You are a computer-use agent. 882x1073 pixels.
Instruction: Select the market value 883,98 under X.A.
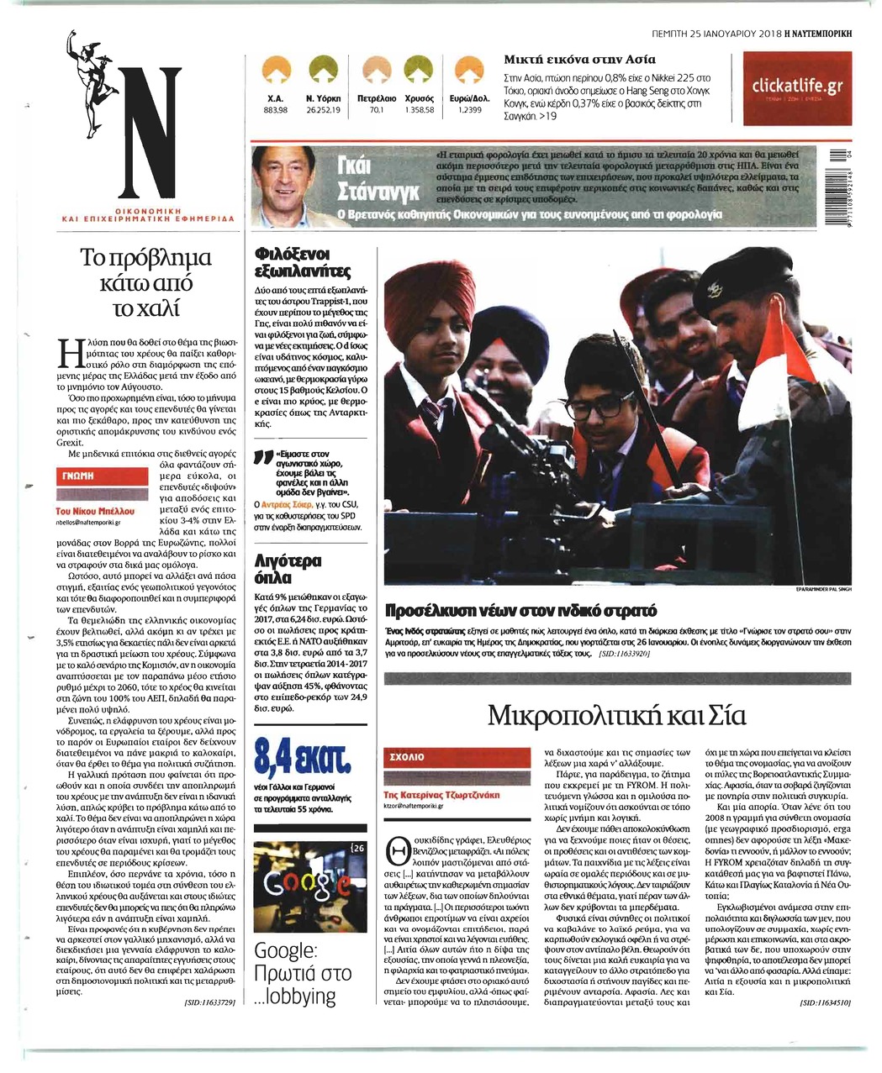276,110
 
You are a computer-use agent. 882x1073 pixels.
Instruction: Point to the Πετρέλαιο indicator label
377,99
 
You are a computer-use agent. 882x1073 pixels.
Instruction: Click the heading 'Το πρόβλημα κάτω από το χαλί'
146,281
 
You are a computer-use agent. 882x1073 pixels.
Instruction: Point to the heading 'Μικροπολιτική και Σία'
616,716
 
